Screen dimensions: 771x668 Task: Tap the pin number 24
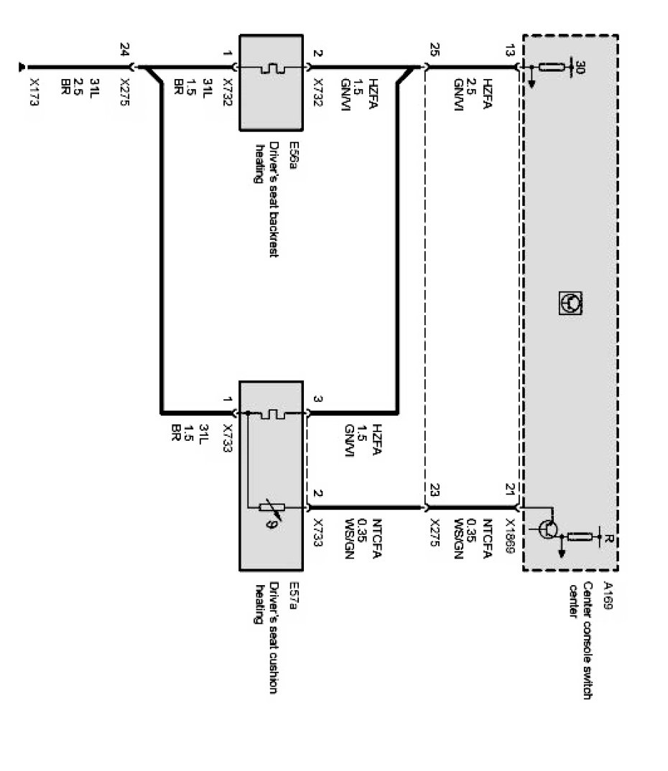coord(125,50)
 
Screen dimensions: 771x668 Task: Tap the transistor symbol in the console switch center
coord(548,530)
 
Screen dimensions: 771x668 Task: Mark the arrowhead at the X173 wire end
coord(24,68)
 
